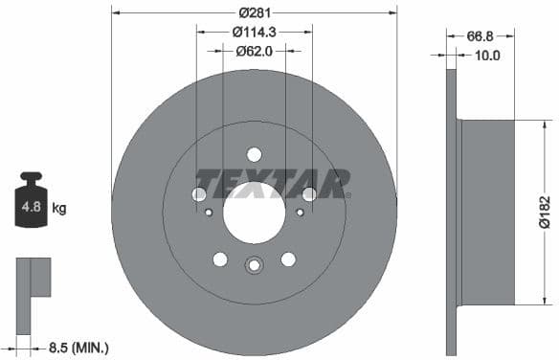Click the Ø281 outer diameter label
pos(254,12)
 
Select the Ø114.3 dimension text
pos(254,32)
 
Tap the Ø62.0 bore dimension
pos(254,51)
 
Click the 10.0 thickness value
pos(487,56)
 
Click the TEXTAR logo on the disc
pos(273,183)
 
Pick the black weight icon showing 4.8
pos(33,201)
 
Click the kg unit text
pos(59,207)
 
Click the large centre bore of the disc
pos(254,213)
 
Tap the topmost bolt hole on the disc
pos(254,154)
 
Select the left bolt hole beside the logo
pos(199,194)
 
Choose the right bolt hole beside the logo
pos(308,194)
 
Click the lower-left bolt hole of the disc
pos(220,259)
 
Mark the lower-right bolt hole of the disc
pos(287,259)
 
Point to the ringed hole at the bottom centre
pos(254,267)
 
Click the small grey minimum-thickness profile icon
pos(32,292)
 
